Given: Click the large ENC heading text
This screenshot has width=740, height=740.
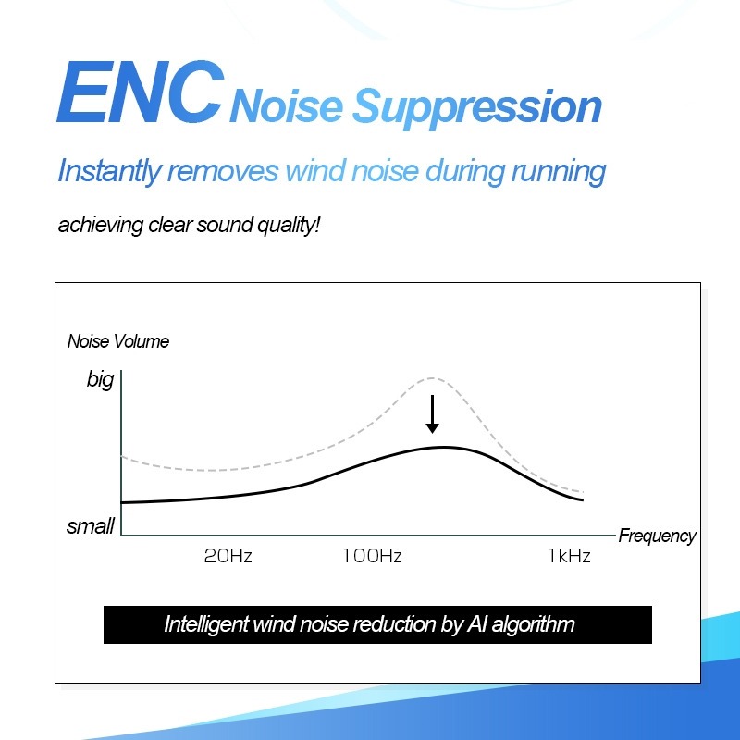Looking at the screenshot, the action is (x=141, y=92).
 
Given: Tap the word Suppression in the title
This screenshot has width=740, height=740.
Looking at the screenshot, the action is (x=476, y=107).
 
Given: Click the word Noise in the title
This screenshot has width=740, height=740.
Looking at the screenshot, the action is (x=287, y=105).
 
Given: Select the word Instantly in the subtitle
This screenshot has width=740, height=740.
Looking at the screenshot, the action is (x=109, y=171).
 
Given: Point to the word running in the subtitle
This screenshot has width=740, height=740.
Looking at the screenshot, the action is (x=559, y=172).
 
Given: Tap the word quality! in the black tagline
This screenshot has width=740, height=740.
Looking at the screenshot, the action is (x=289, y=225).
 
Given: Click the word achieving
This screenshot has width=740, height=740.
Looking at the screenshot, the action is (x=101, y=225).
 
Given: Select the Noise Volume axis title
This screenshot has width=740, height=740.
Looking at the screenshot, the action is (x=118, y=341).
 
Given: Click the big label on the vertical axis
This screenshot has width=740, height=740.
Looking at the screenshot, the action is (x=100, y=380).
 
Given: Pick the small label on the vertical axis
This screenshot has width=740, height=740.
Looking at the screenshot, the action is (x=91, y=526).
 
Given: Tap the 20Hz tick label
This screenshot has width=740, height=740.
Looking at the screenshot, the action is (x=228, y=556).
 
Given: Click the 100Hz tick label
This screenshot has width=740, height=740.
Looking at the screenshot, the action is (x=373, y=556).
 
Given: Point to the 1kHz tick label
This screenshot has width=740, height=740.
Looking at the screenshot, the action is (x=569, y=556).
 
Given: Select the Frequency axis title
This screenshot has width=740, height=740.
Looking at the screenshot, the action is (x=657, y=536).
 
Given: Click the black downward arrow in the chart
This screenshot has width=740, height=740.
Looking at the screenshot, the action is (x=432, y=414).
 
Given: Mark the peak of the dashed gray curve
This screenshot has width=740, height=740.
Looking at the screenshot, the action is (x=433, y=378).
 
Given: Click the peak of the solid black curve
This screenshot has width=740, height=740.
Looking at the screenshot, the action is (x=444, y=447).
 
